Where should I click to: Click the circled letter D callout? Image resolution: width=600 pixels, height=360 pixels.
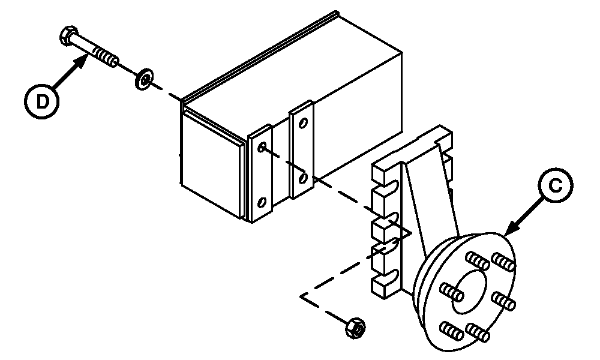click(x=42, y=102)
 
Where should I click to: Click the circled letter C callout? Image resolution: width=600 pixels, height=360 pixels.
click(x=555, y=185)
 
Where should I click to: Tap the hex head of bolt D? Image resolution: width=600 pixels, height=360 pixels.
click(x=68, y=36)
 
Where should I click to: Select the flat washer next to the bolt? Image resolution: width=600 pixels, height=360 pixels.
click(x=144, y=79)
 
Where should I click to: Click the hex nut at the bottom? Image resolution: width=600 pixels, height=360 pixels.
click(x=355, y=328)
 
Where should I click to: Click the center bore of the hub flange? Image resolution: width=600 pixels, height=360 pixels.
click(x=469, y=292)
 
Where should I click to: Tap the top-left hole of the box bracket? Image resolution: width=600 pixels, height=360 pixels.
click(x=262, y=147)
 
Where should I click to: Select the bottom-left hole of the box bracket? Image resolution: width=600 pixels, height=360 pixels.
click(x=262, y=202)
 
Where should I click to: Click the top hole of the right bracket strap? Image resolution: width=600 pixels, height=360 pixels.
click(x=303, y=123)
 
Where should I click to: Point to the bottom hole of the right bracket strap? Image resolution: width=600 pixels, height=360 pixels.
click(x=303, y=178)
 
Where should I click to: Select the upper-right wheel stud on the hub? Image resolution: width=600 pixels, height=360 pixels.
click(x=503, y=262)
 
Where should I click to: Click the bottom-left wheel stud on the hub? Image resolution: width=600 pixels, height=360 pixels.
click(x=452, y=331)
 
